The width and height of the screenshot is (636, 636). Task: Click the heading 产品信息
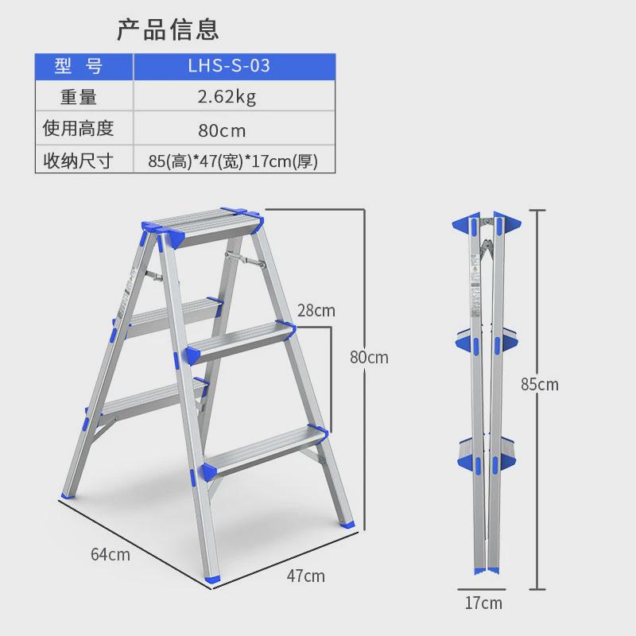tap(168, 29)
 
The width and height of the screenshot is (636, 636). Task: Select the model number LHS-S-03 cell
tap(233, 66)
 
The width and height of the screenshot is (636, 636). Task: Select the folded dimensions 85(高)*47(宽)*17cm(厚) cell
tap(233, 161)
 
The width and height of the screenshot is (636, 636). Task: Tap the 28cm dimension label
tap(316, 310)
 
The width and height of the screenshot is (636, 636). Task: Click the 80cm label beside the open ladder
tap(369, 357)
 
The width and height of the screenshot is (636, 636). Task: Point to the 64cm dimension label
tap(110, 554)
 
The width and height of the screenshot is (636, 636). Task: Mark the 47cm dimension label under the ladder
tap(305, 576)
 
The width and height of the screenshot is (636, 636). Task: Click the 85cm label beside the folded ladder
tap(540, 385)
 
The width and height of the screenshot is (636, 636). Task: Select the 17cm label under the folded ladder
tap(483, 603)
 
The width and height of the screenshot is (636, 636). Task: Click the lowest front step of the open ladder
tap(264, 449)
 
